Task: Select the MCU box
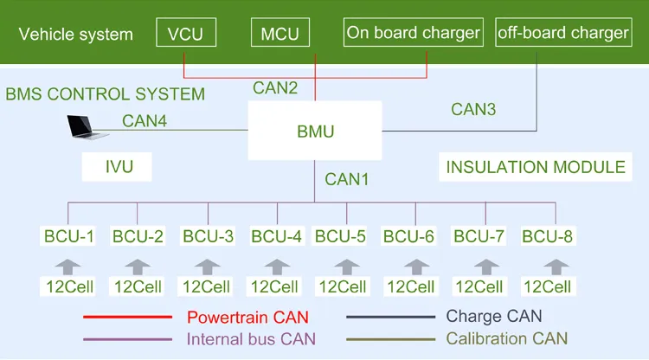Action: click(x=280, y=34)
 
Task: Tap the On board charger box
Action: click(x=413, y=33)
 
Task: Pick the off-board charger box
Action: click(x=562, y=33)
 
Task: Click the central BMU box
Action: click(x=315, y=132)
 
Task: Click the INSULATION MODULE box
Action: click(x=535, y=167)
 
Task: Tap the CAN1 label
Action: click(x=347, y=180)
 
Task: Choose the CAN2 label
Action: click(x=275, y=87)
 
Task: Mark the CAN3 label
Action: click(x=474, y=109)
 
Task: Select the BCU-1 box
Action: click(x=68, y=235)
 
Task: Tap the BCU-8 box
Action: click(x=548, y=235)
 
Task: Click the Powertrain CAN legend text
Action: click(x=247, y=317)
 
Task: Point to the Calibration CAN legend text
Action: click(x=506, y=338)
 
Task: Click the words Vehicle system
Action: click(x=76, y=35)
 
